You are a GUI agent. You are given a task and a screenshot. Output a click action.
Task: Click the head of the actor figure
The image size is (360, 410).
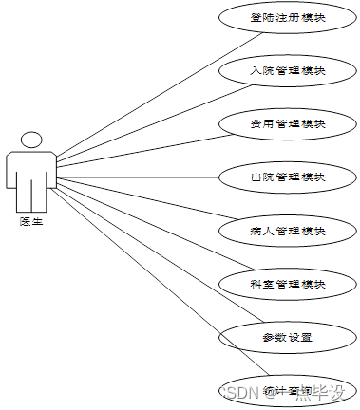click(x=31, y=140)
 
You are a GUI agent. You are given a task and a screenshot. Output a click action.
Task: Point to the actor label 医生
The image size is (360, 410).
click(x=31, y=221)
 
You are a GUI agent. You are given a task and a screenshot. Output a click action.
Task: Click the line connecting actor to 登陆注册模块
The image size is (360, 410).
click(x=152, y=100)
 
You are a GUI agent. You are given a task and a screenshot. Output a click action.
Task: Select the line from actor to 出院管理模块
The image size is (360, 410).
click(x=142, y=177)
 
